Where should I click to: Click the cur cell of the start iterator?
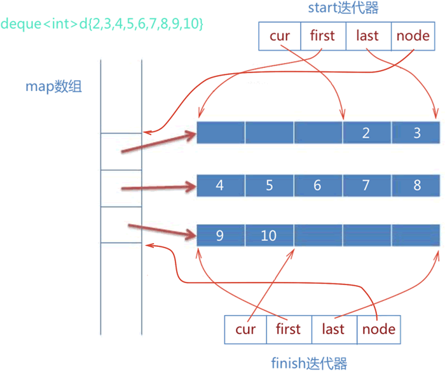pyautogui.click(x=280, y=36)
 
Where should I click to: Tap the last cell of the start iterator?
pyautogui.click(x=368, y=36)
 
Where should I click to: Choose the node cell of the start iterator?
pyautogui.click(x=413, y=36)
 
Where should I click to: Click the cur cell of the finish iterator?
pyautogui.click(x=245, y=330)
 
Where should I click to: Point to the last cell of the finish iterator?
pyautogui.click(x=334, y=330)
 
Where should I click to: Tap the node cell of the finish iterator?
pyautogui.click(x=378, y=330)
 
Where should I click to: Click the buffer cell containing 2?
pyautogui.click(x=366, y=133)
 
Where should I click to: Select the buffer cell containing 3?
pyautogui.click(x=416, y=133)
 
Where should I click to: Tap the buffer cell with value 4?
pyautogui.click(x=221, y=185)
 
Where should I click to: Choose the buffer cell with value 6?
pyautogui.click(x=318, y=185)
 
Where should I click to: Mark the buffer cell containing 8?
pyautogui.click(x=416, y=185)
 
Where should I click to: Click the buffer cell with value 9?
pyautogui.click(x=221, y=236)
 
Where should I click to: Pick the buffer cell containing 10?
pyautogui.click(x=270, y=236)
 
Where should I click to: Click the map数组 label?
pyautogui.click(x=53, y=87)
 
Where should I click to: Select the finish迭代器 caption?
pyautogui.click(x=310, y=363)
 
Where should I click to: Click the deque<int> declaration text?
pyautogui.click(x=102, y=24)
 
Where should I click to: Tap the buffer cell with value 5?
pyautogui.click(x=270, y=185)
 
